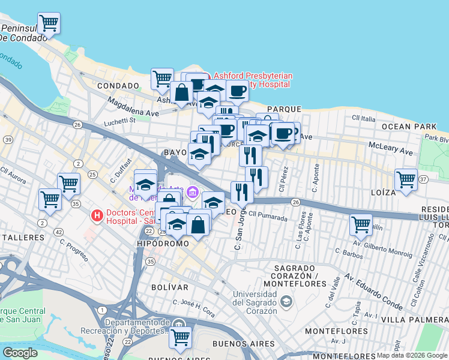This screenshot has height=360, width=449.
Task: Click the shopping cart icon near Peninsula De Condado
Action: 49,23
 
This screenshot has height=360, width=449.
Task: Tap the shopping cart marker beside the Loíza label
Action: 406,179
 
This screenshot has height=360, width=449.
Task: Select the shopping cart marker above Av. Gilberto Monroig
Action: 361,224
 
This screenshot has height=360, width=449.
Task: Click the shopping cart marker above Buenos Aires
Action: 180,337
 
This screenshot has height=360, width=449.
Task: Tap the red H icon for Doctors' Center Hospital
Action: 95,215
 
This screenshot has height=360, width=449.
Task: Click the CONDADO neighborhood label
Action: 118,86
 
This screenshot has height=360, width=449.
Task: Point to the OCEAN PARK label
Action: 412,127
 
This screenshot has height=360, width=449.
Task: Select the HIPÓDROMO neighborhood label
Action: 163,244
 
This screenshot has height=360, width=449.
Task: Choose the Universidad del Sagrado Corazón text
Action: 255,302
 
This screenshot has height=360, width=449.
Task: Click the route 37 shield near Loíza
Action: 423,179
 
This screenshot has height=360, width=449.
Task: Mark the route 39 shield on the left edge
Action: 8,139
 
